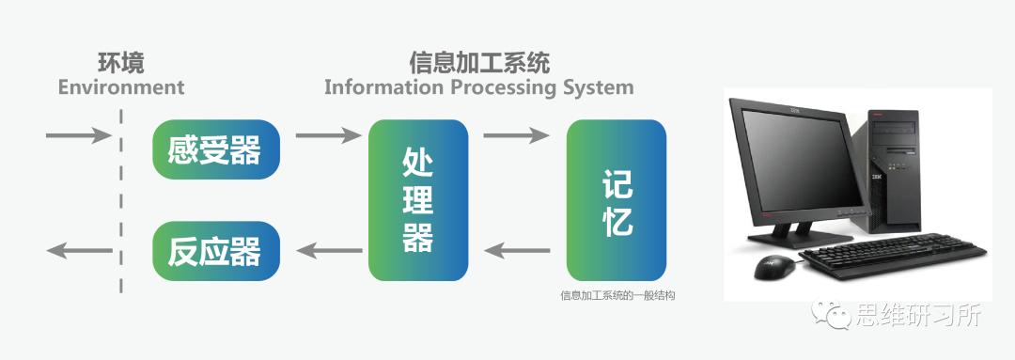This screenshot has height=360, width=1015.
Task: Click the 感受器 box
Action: [x=215, y=149]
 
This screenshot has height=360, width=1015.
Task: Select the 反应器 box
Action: [x=215, y=251]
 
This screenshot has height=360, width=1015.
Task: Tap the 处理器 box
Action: [x=417, y=200]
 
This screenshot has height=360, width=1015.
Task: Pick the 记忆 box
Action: [x=616, y=200]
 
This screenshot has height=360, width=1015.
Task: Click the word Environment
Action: [x=121, y=87]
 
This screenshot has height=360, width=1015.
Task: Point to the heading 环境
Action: [x=121, y=63]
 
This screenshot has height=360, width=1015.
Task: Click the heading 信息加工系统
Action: [x=478, y=63]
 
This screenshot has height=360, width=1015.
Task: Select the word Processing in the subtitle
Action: [x=514, y=87]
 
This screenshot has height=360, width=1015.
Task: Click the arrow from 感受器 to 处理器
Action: [x=328, y=135]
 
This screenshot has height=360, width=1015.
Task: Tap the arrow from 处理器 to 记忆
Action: [x=516, y=135]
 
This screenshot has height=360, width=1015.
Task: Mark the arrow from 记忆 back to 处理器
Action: [x=518, y=251]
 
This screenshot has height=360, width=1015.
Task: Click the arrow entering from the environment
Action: [x=78, y=135]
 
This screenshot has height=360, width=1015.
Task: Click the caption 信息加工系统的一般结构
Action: [x=617, y=295]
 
